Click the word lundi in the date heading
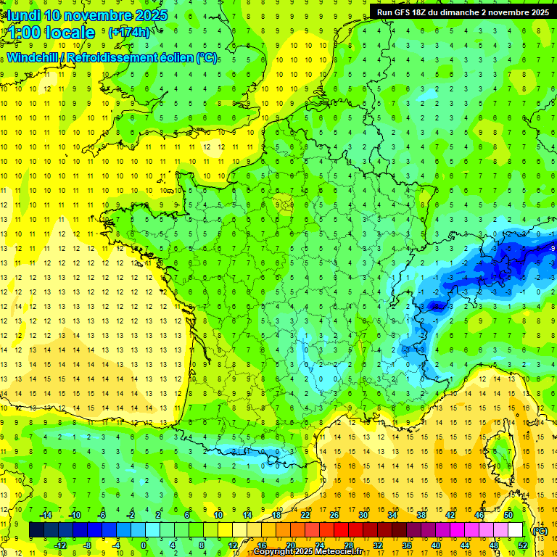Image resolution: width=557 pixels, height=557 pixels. [x=23, y=15]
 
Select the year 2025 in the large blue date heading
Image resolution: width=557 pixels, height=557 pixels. [x=150, y=15]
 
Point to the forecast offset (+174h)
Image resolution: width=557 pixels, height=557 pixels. [x=128, y=33]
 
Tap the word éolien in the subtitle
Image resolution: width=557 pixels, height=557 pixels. [x=175, y=57]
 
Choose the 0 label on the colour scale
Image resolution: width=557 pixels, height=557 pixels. [x=144, y=545]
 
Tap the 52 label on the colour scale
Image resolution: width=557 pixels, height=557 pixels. [x=523, y=545]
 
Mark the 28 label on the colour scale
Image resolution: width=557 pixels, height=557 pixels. [x=348, y=545]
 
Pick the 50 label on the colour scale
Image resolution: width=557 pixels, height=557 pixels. [x=508, y=514]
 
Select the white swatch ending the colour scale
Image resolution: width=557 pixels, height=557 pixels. [x=516, y=530]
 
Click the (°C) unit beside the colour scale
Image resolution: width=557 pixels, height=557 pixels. [x=540, y=530]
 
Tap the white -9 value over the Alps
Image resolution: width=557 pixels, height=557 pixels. [x=553, y=249]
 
